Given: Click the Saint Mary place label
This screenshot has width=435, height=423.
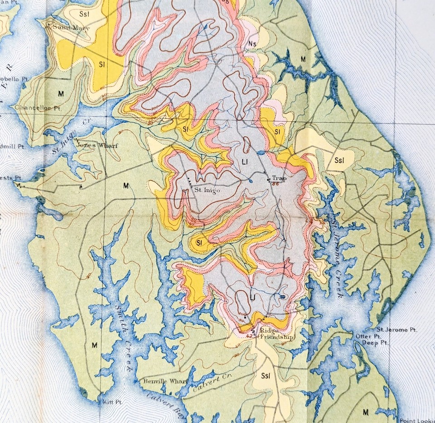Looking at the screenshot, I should pyautogui.click(x=71, y=28).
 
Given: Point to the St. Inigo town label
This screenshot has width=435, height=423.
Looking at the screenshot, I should pyautogui.click(x=207, y=190).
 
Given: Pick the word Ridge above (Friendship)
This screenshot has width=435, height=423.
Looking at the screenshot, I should pyautogui.click(x=266, y=331).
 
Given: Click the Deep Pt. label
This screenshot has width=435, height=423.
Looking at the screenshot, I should pyautogui.click(x=373, y=343).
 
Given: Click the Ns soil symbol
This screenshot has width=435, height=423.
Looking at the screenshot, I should pyautogui.click(x=253, y=43).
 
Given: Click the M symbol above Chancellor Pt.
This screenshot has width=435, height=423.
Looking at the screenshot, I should pyautogui.click(x=59, y=93).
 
